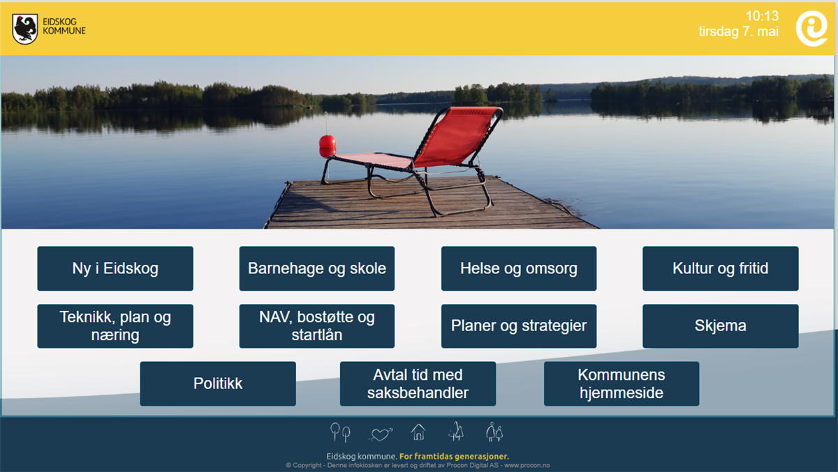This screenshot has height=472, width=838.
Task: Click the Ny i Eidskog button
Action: coord(115,268)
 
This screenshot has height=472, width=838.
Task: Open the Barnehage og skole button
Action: coord(317,268)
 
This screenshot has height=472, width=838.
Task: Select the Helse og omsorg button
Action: coord(519,268)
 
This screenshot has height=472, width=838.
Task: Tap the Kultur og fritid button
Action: coord(721,268)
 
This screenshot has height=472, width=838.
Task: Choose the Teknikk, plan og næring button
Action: coord(115,326)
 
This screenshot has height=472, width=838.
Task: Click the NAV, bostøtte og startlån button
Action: coord(317,326)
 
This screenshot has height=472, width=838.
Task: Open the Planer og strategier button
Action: coord(519,326)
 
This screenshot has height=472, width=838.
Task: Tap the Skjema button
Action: coord(721,326)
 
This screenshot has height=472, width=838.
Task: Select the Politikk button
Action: coord(218,383)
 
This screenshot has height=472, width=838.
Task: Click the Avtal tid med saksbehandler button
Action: coord(418,383)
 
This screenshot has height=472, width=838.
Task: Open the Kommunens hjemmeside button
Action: coord(622,383)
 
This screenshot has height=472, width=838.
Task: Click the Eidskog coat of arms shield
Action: coord(25,29)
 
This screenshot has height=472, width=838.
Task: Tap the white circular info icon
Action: coord(811,29)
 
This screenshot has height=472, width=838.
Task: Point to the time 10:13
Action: coord(762,16)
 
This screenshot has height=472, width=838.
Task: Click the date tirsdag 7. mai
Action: coord(739,31)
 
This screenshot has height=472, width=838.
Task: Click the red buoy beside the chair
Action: coord(328,146)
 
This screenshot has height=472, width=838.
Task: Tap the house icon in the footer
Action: coord(418,432)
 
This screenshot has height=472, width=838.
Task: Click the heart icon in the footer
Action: coord(381,434)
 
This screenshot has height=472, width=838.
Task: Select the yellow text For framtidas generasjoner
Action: coord(454,457)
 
